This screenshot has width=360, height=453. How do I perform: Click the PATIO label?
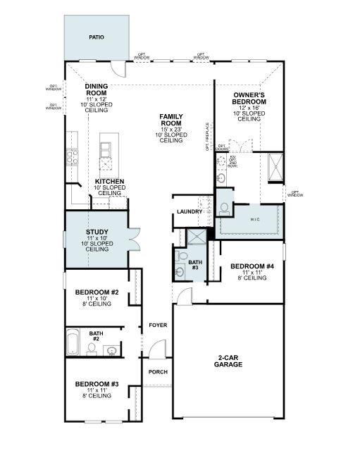pos(96,37)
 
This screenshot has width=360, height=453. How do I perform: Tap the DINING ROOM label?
pos(96,89)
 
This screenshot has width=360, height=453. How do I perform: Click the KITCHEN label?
pos(110,182)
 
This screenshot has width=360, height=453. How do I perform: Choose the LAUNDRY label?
pos(190,211)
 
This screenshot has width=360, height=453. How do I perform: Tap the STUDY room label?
pos(97,232)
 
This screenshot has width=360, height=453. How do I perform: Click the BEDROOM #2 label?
pos(97,292)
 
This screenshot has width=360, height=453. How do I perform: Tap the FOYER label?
pos(156,325)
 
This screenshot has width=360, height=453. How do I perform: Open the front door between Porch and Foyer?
pos(157,349)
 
